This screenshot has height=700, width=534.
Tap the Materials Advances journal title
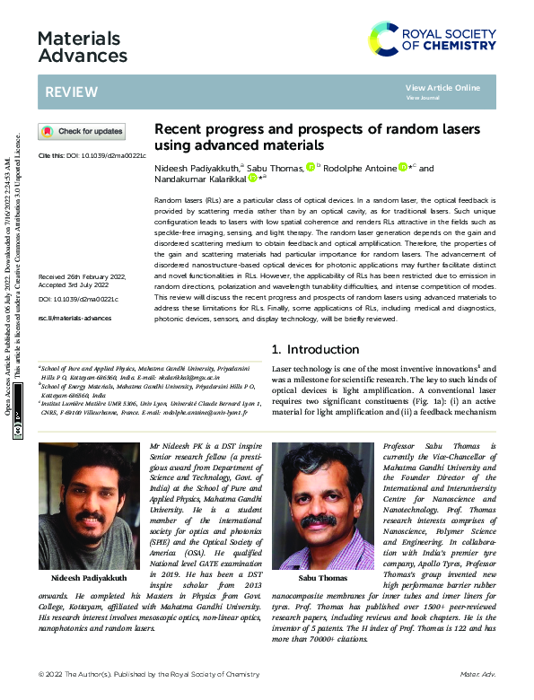[x=83, y=47]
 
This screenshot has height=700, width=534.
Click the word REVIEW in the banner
[x=66, y=92]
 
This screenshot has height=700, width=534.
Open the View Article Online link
[x=442, y=87]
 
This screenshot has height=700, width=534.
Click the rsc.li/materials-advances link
[x=74, y=319]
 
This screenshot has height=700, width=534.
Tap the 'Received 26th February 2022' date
[x=82, y=276]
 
